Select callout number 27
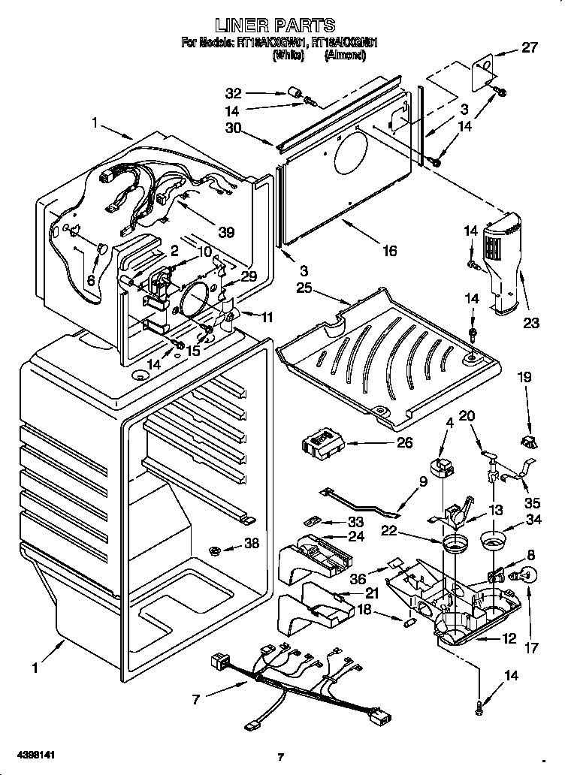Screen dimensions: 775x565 coord(530,48)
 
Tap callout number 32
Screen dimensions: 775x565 coord(234,94)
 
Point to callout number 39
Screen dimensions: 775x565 coord(225,232)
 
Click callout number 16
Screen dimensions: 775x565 coord(388,252)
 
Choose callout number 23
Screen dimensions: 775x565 coord(531,324)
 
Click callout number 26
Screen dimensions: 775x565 coord(403,443)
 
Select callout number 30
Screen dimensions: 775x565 coord(234,128)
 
